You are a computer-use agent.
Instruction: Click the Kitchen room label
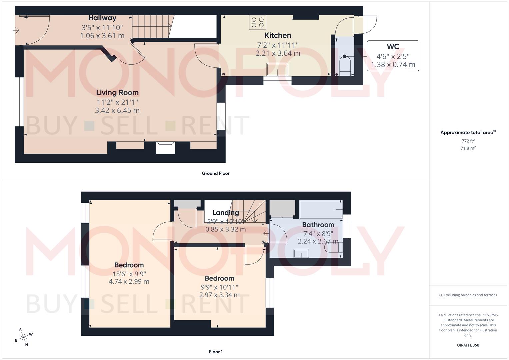click(x=278, y=35)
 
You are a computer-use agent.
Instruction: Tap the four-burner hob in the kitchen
click(x=257, y=22)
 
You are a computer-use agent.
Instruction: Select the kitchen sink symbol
click(x=277, y=69)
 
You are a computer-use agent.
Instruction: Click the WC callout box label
click(x=393, y=47)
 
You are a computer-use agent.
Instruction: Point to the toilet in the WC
click(x=345, y=64)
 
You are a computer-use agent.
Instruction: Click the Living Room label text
click(x=117, y=93)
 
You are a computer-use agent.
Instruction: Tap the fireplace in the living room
click(x=166, y=147)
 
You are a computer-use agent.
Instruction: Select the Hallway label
click(x=102, y=18)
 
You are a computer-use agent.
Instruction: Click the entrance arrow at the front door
click(x=16, y=31)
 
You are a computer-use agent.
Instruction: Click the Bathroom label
click(x=318, y=225)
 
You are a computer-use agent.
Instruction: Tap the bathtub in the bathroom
click(x=321, y=209)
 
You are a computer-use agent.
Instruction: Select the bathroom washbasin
click(x=301, y=253)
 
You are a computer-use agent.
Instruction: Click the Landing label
click(x=225, y=213)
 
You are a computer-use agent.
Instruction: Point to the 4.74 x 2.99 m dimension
click(x=129, y=281)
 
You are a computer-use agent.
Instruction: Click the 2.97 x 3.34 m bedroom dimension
click(x=219, y=295)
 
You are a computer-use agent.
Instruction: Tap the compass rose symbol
click(x=24, y=337)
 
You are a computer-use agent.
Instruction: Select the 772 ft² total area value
click(x=468, y=141)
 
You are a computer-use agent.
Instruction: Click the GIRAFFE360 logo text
click(x=468, y=345)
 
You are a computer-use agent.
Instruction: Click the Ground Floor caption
click(x=216, y=173)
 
